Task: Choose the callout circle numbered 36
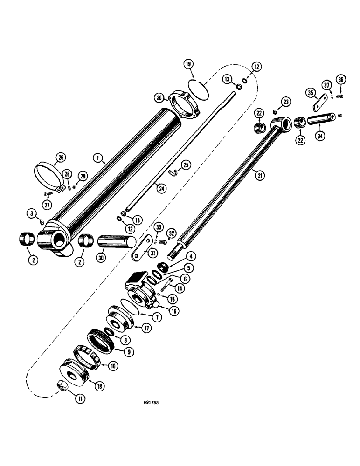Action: click(x=341, y=80)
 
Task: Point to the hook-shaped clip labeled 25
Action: click(x=173, y=173)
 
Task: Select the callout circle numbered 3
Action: click(x=32, y=213)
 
